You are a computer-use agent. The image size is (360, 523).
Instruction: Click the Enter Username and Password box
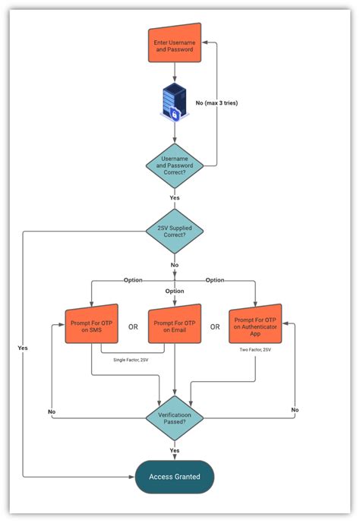click(x=175, y=46)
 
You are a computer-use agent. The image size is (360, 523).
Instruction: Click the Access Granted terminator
click(x=175, y=477)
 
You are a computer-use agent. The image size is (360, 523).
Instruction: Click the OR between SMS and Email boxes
click(x=133, y=327)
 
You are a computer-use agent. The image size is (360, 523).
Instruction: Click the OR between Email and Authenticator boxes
click(x=215, y=327)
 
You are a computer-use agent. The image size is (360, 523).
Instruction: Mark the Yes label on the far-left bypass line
click(x=23, y=348)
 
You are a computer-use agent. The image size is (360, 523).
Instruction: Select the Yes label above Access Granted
click(x=175, y=450)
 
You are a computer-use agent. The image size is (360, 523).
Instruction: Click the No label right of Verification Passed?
click(x=294, y=409)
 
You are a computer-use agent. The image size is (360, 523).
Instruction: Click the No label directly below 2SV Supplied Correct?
click(x=175, y=266)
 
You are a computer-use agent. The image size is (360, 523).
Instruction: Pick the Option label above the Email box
click(x=175, y=291)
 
